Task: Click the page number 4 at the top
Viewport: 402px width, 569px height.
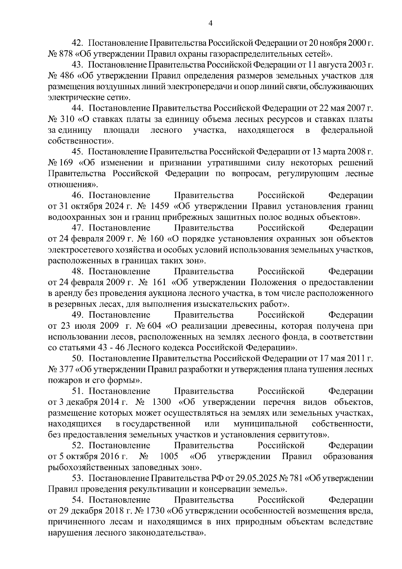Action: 210,23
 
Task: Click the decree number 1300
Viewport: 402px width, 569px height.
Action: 161,402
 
